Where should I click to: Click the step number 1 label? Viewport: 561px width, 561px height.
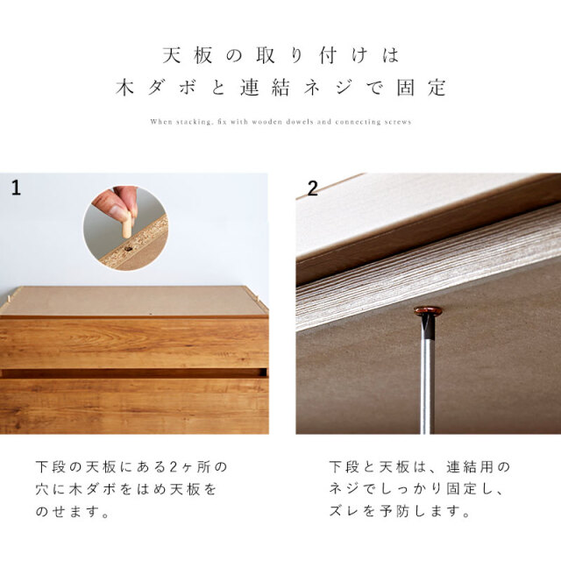[x=16, y=188]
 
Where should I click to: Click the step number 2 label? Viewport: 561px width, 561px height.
[x=312, y=188]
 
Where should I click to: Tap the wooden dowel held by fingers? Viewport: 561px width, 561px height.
[x=126, y=224]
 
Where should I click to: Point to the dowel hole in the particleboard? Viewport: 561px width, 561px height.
[x=128, y=248]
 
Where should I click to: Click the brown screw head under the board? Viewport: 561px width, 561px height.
[x=428, y=311]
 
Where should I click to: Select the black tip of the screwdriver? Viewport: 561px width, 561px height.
[x=429, y=327]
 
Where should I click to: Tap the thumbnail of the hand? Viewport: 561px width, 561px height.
[x=115, y=209]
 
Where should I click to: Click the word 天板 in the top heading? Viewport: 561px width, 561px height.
[x=188, y=55]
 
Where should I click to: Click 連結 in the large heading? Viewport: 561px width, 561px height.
[x=265, y=88]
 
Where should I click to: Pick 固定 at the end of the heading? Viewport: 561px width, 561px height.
[x=422, y=88]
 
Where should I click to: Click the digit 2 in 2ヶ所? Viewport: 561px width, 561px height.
[x=174, y=467]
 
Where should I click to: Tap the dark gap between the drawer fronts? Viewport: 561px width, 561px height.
[x=134, y=373]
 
